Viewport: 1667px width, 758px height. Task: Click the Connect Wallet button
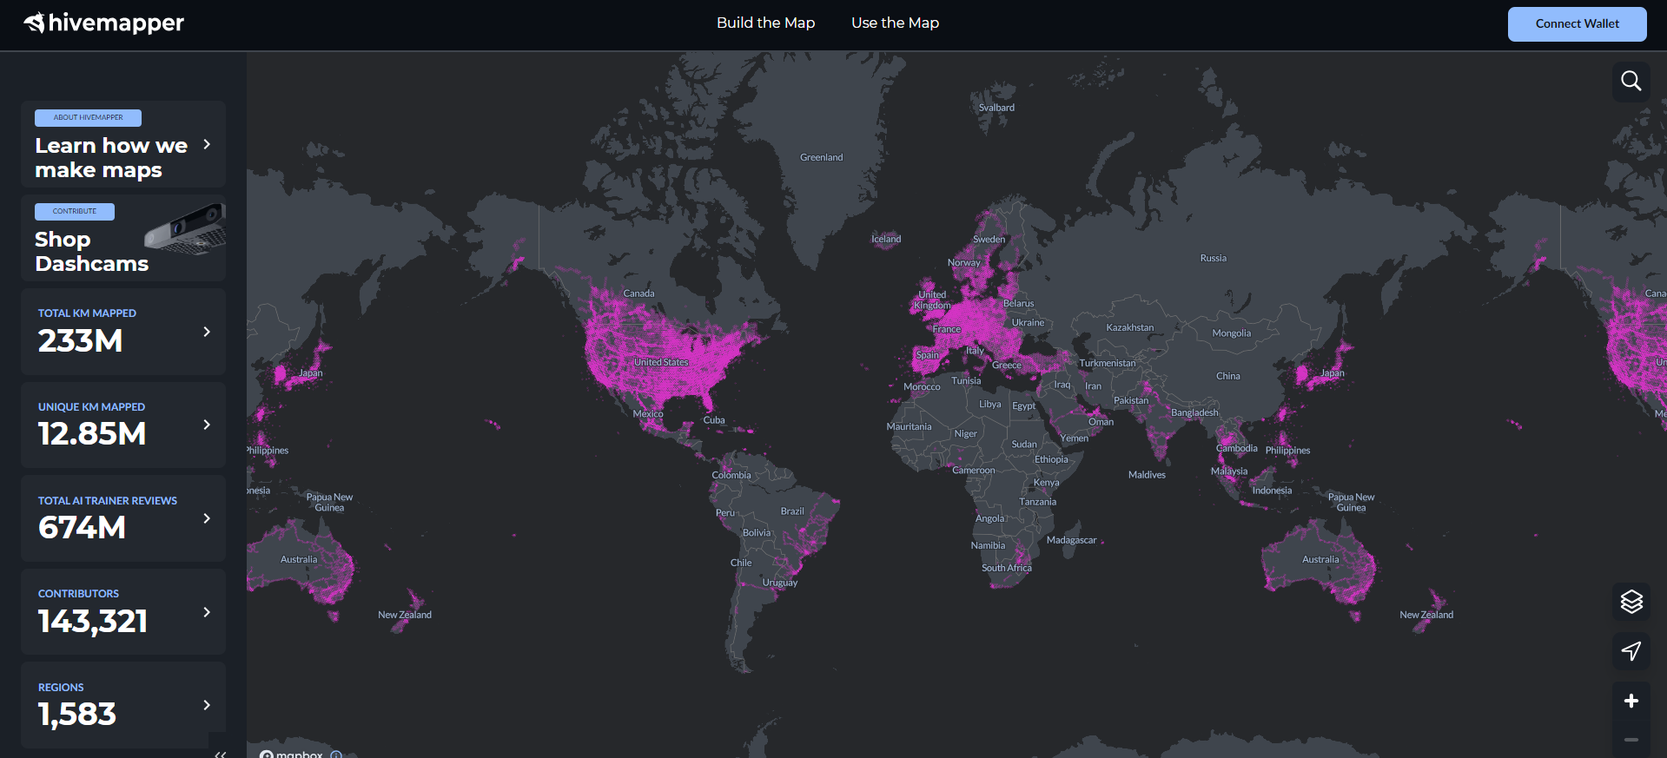pyautogui.click(x=1577, y=24)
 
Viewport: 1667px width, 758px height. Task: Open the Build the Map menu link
pyautogui.click(x=765, y=23)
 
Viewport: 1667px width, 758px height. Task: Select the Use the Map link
pyautogui.click(x=895, y=23)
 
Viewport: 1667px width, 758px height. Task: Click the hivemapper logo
pyautogui.click(x=104, y=23)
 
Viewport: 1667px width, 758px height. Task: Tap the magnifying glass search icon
pyautogui.click(x=1631, y=81)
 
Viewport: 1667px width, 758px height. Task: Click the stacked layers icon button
pyautogui.click(x=1631, y=601)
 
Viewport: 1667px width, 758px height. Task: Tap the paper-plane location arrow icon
pyautogui.click(x=1631, y=650)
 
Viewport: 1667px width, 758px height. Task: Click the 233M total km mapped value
pyautogui.click(x=80, y=341)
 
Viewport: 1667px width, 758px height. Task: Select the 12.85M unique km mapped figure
pyautogui.click(x=92, y=434)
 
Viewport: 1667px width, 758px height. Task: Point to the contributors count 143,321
pyautogui.click(x=93, y=621)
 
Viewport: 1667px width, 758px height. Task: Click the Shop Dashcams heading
pyautogui.click(x=91, y=251)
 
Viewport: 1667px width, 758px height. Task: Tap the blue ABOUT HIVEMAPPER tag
pyautogui.click(x=88, y=118)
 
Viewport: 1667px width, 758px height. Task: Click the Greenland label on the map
pyautogui.click(x=821, y=157)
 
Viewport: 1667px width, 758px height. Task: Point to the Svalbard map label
pyautogui.click(x=996, y=108)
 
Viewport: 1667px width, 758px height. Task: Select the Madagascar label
pyautogui.click(x=1071, y=540)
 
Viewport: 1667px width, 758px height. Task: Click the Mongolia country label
pyautogui.click(x=1231, y=333)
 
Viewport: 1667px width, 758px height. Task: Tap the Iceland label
pyautogui.click(x=886, y=239)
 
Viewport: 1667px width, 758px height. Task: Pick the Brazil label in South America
pyautogui.click(x=792, y=511)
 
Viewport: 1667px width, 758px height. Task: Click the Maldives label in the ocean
pyautogui.click(x=1147, y=475)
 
